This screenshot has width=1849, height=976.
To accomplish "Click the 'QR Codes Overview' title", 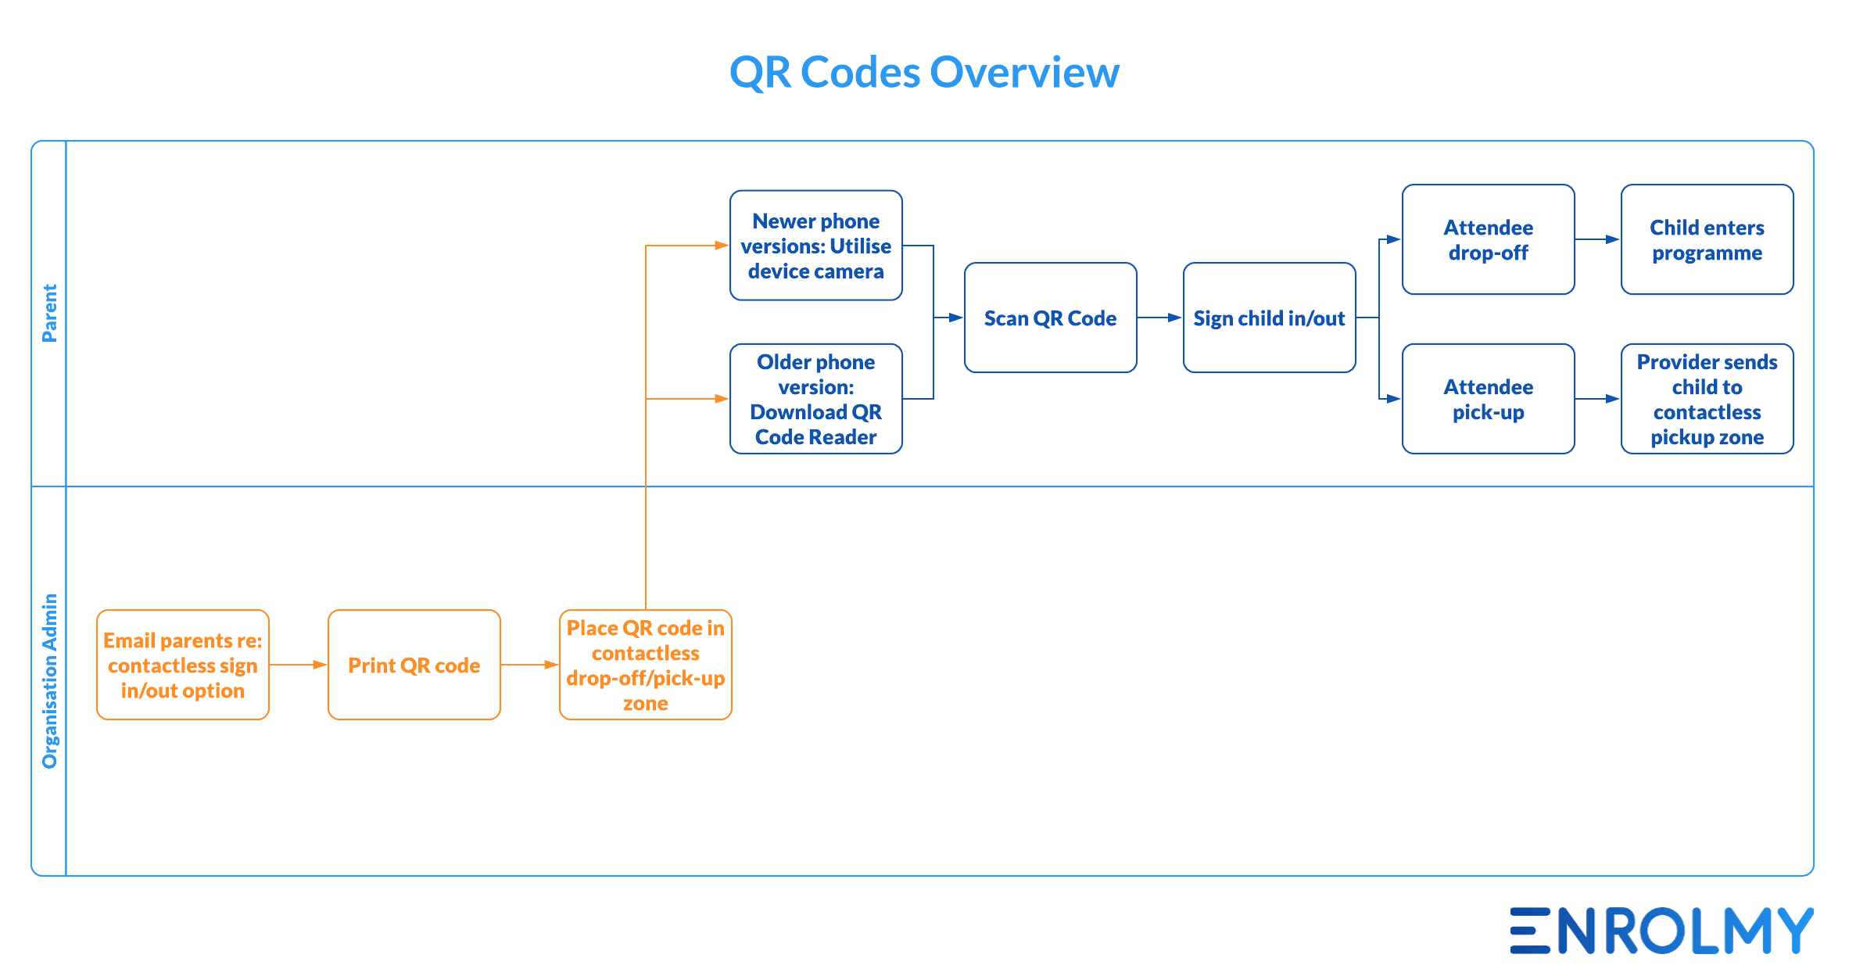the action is click(x=924, y=72).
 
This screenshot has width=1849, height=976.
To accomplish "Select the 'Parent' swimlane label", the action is click(x=49, y=313).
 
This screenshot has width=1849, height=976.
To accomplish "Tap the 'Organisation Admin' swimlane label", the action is click(x=49, y=680).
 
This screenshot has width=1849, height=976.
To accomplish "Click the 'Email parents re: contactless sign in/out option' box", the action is click(x=183, y=665).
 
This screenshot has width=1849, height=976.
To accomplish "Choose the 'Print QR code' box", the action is click(x=414, y=665).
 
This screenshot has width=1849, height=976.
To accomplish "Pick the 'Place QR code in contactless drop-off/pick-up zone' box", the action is click(x=646, y=665).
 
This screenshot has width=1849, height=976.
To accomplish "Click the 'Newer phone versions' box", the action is click(x=816, y=246).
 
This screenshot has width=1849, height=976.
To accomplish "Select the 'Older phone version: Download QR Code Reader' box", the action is click(x=816, y=399).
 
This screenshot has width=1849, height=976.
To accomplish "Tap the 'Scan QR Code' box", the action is click(x=1051, y=318).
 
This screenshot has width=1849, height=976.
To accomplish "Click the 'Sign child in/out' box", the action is click(x=1270, y=318).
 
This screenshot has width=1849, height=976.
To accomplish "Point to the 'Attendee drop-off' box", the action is click(x=1489, y=239).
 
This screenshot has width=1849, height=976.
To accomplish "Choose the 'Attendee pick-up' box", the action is click(x=1489, y=399).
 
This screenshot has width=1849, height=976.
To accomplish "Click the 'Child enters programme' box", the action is click(x=1707, y=239).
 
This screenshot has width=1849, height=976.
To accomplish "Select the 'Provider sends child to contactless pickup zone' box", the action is click(x=1707, y=399).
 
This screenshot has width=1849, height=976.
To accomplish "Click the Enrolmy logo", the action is click(x=1662, y=931).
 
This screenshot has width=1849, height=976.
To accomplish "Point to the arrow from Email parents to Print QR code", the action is click(x=299, y=665).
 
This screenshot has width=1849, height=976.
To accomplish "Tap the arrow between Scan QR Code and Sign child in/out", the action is click(x=1160, y=318).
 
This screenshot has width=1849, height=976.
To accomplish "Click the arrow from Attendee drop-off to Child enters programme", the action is click(x=1598, y=239).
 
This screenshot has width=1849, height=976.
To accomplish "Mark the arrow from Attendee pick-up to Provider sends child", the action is click(x=1598, y=399).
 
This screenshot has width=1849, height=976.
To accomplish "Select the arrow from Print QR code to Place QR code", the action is click(x=530, y=665).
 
